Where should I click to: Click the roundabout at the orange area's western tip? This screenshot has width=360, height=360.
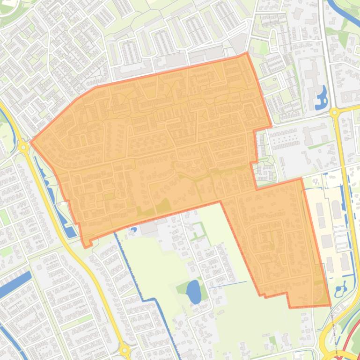[x=23, y=147]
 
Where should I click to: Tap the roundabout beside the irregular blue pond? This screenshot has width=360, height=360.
[x=334, y=113]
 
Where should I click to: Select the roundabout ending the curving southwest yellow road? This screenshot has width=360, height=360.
[x=125, y=350]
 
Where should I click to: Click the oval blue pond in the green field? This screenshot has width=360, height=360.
[x=193, y=292]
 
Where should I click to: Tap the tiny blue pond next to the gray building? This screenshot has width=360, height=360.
[x=133, y=230]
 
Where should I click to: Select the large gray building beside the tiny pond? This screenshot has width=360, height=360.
[x=148, y=228]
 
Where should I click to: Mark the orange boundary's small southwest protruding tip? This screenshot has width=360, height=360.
[x=86, y=245]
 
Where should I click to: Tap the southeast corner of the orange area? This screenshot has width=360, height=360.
[x=330, y=305]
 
